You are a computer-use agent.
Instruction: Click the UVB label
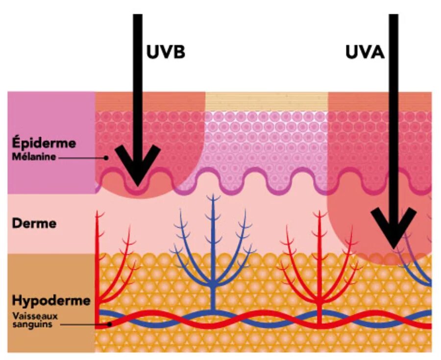pos(166,52)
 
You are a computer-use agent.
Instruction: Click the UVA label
pos(365,52)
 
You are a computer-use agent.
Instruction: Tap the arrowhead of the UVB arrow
pos(138,171)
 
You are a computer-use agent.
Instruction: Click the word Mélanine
pos(35,157)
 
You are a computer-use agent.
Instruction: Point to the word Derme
pos(34,223)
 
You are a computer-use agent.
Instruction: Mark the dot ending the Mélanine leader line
pos(106,158)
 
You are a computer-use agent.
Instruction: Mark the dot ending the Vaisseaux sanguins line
pos(110,323)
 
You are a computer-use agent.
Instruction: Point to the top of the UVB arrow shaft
pos(138,17)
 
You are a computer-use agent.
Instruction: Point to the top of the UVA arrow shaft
pos(393,17)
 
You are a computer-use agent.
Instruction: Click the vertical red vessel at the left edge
pos(98,264)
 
